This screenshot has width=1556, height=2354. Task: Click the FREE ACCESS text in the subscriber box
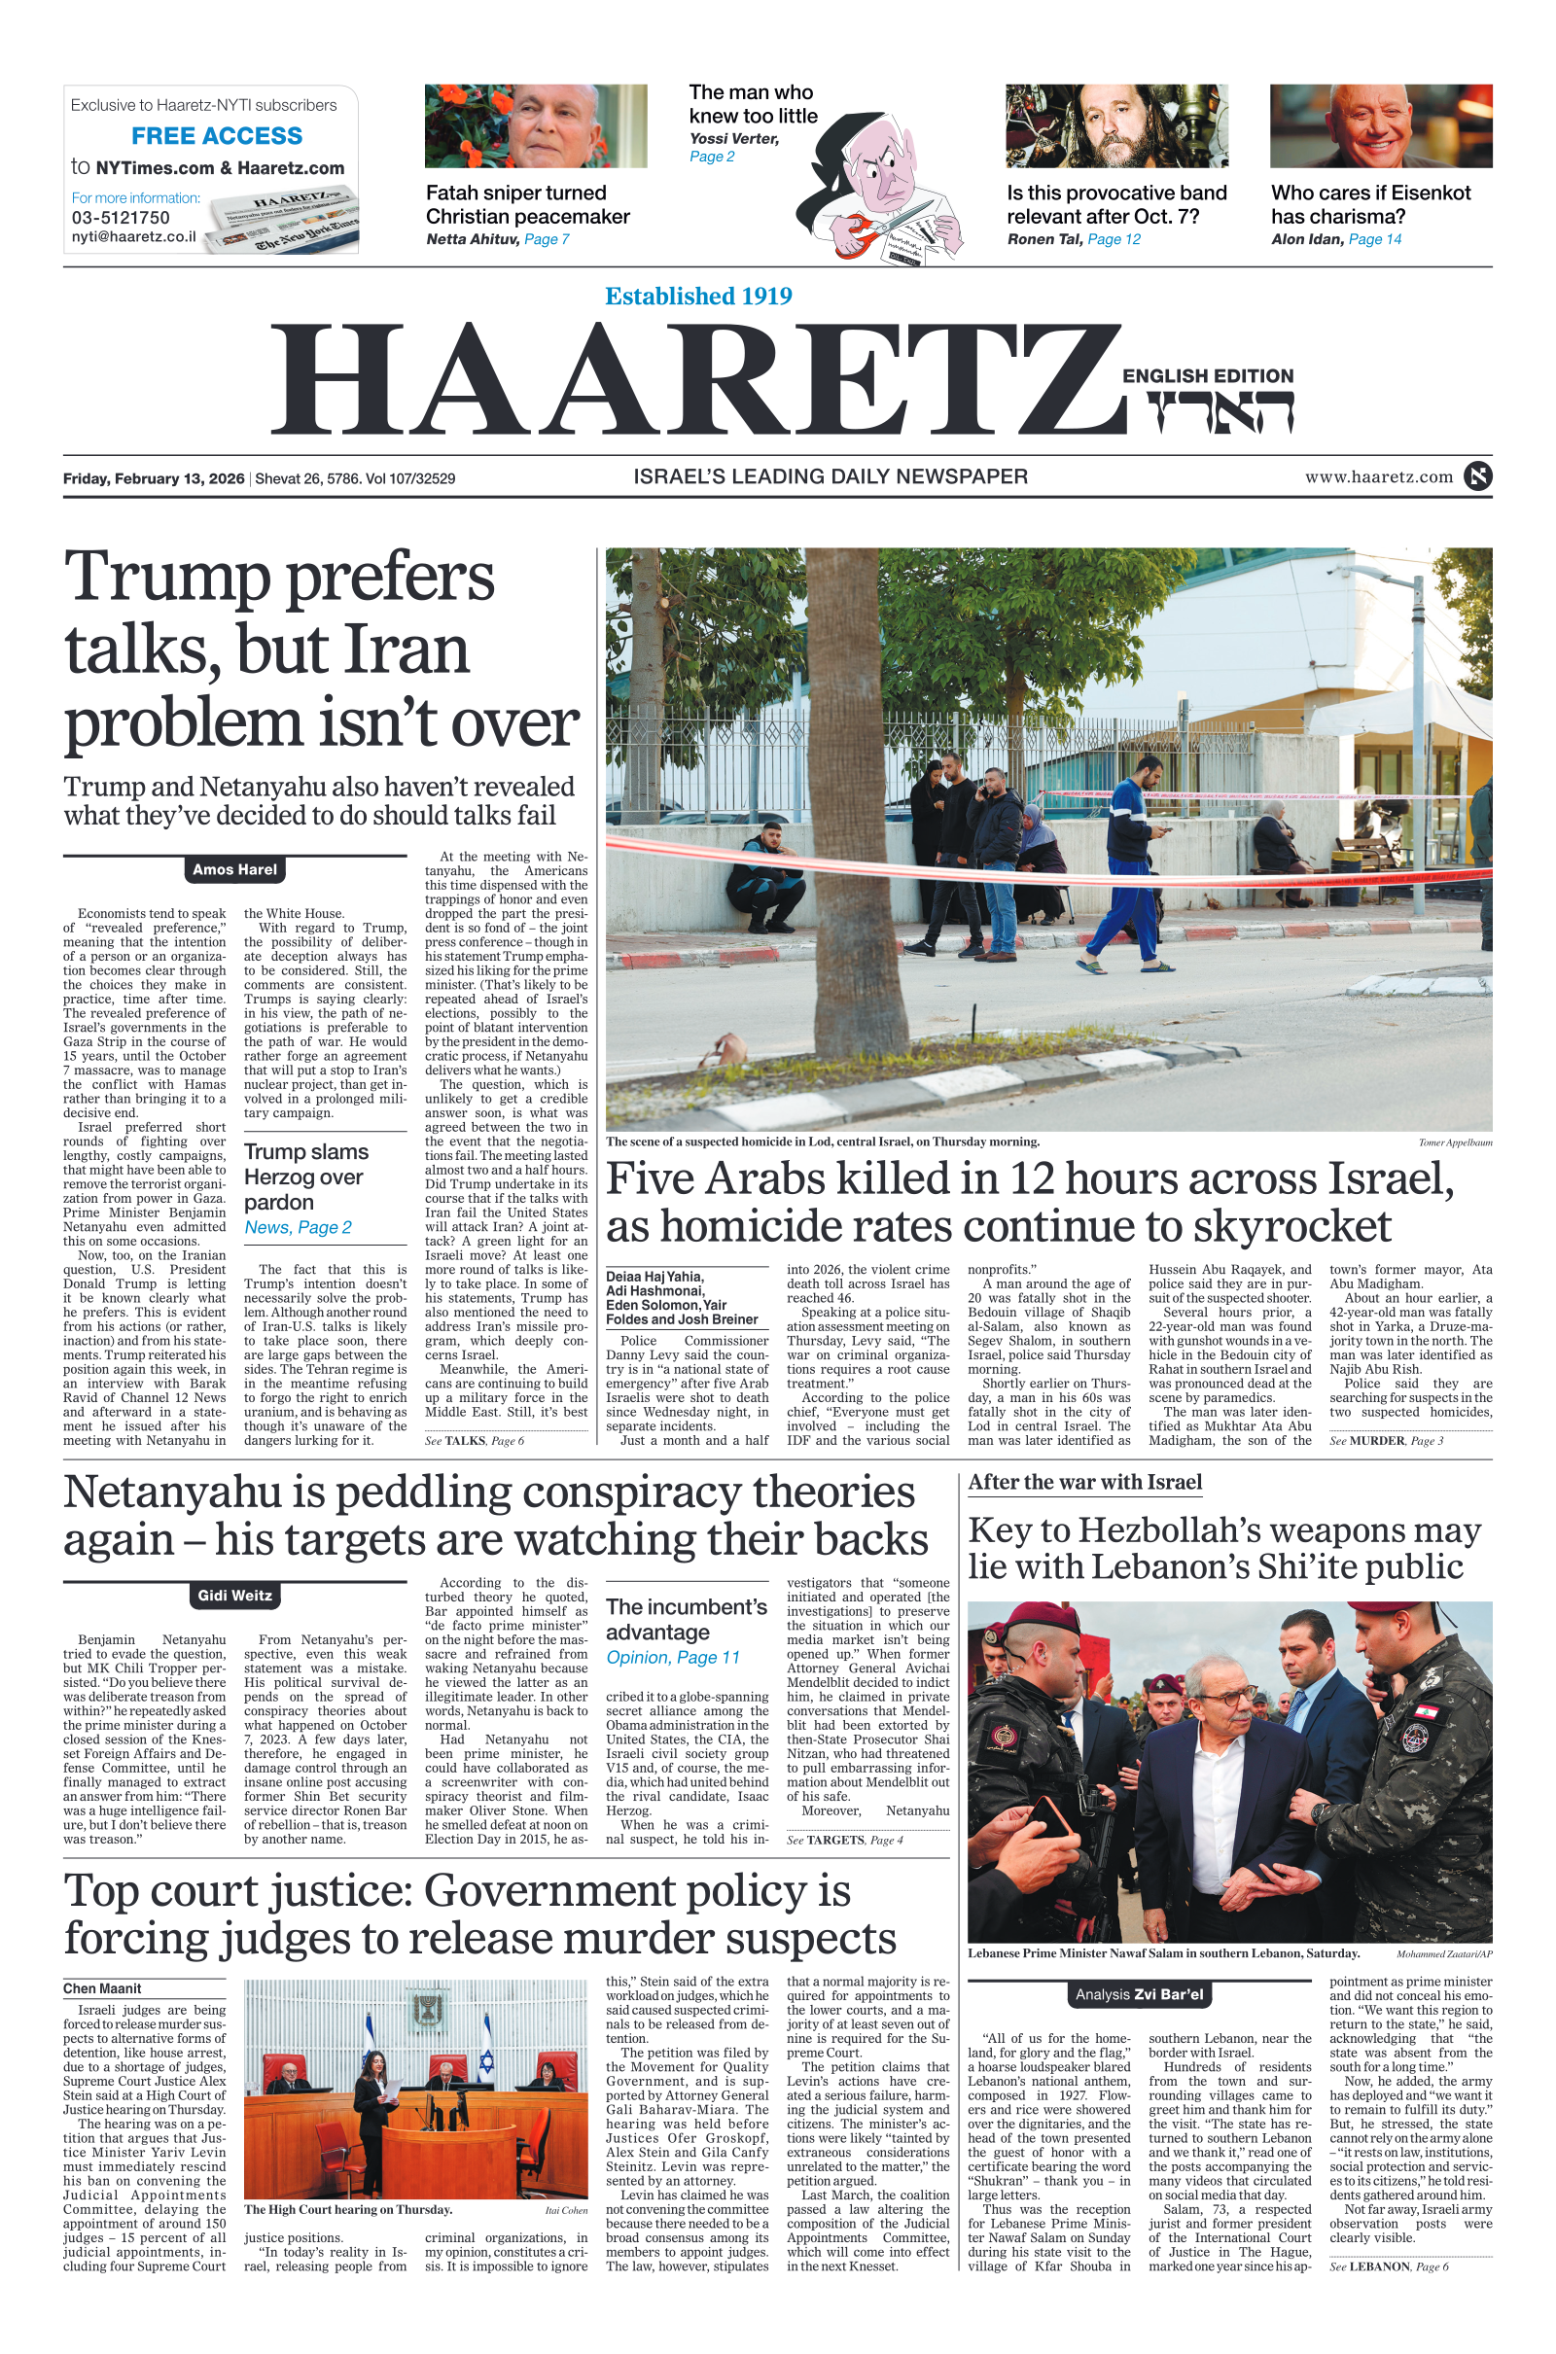216,136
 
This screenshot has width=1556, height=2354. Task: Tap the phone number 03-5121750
120,218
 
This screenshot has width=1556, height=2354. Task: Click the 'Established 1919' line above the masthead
698,297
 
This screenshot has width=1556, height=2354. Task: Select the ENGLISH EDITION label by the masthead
1208,376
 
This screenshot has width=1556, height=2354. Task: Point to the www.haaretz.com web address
1378,477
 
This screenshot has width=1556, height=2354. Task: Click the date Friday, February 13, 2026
154,478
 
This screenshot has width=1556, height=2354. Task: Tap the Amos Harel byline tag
235,870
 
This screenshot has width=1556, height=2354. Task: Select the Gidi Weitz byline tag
235,1597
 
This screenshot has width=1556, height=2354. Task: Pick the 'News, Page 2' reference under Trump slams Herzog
298,1228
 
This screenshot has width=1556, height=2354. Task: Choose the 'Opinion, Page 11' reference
673,1658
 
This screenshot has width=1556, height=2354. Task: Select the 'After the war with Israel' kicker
1084,1483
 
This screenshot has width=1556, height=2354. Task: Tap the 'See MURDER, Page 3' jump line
1387,1441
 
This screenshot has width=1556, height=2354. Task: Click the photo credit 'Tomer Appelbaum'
1455,1142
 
